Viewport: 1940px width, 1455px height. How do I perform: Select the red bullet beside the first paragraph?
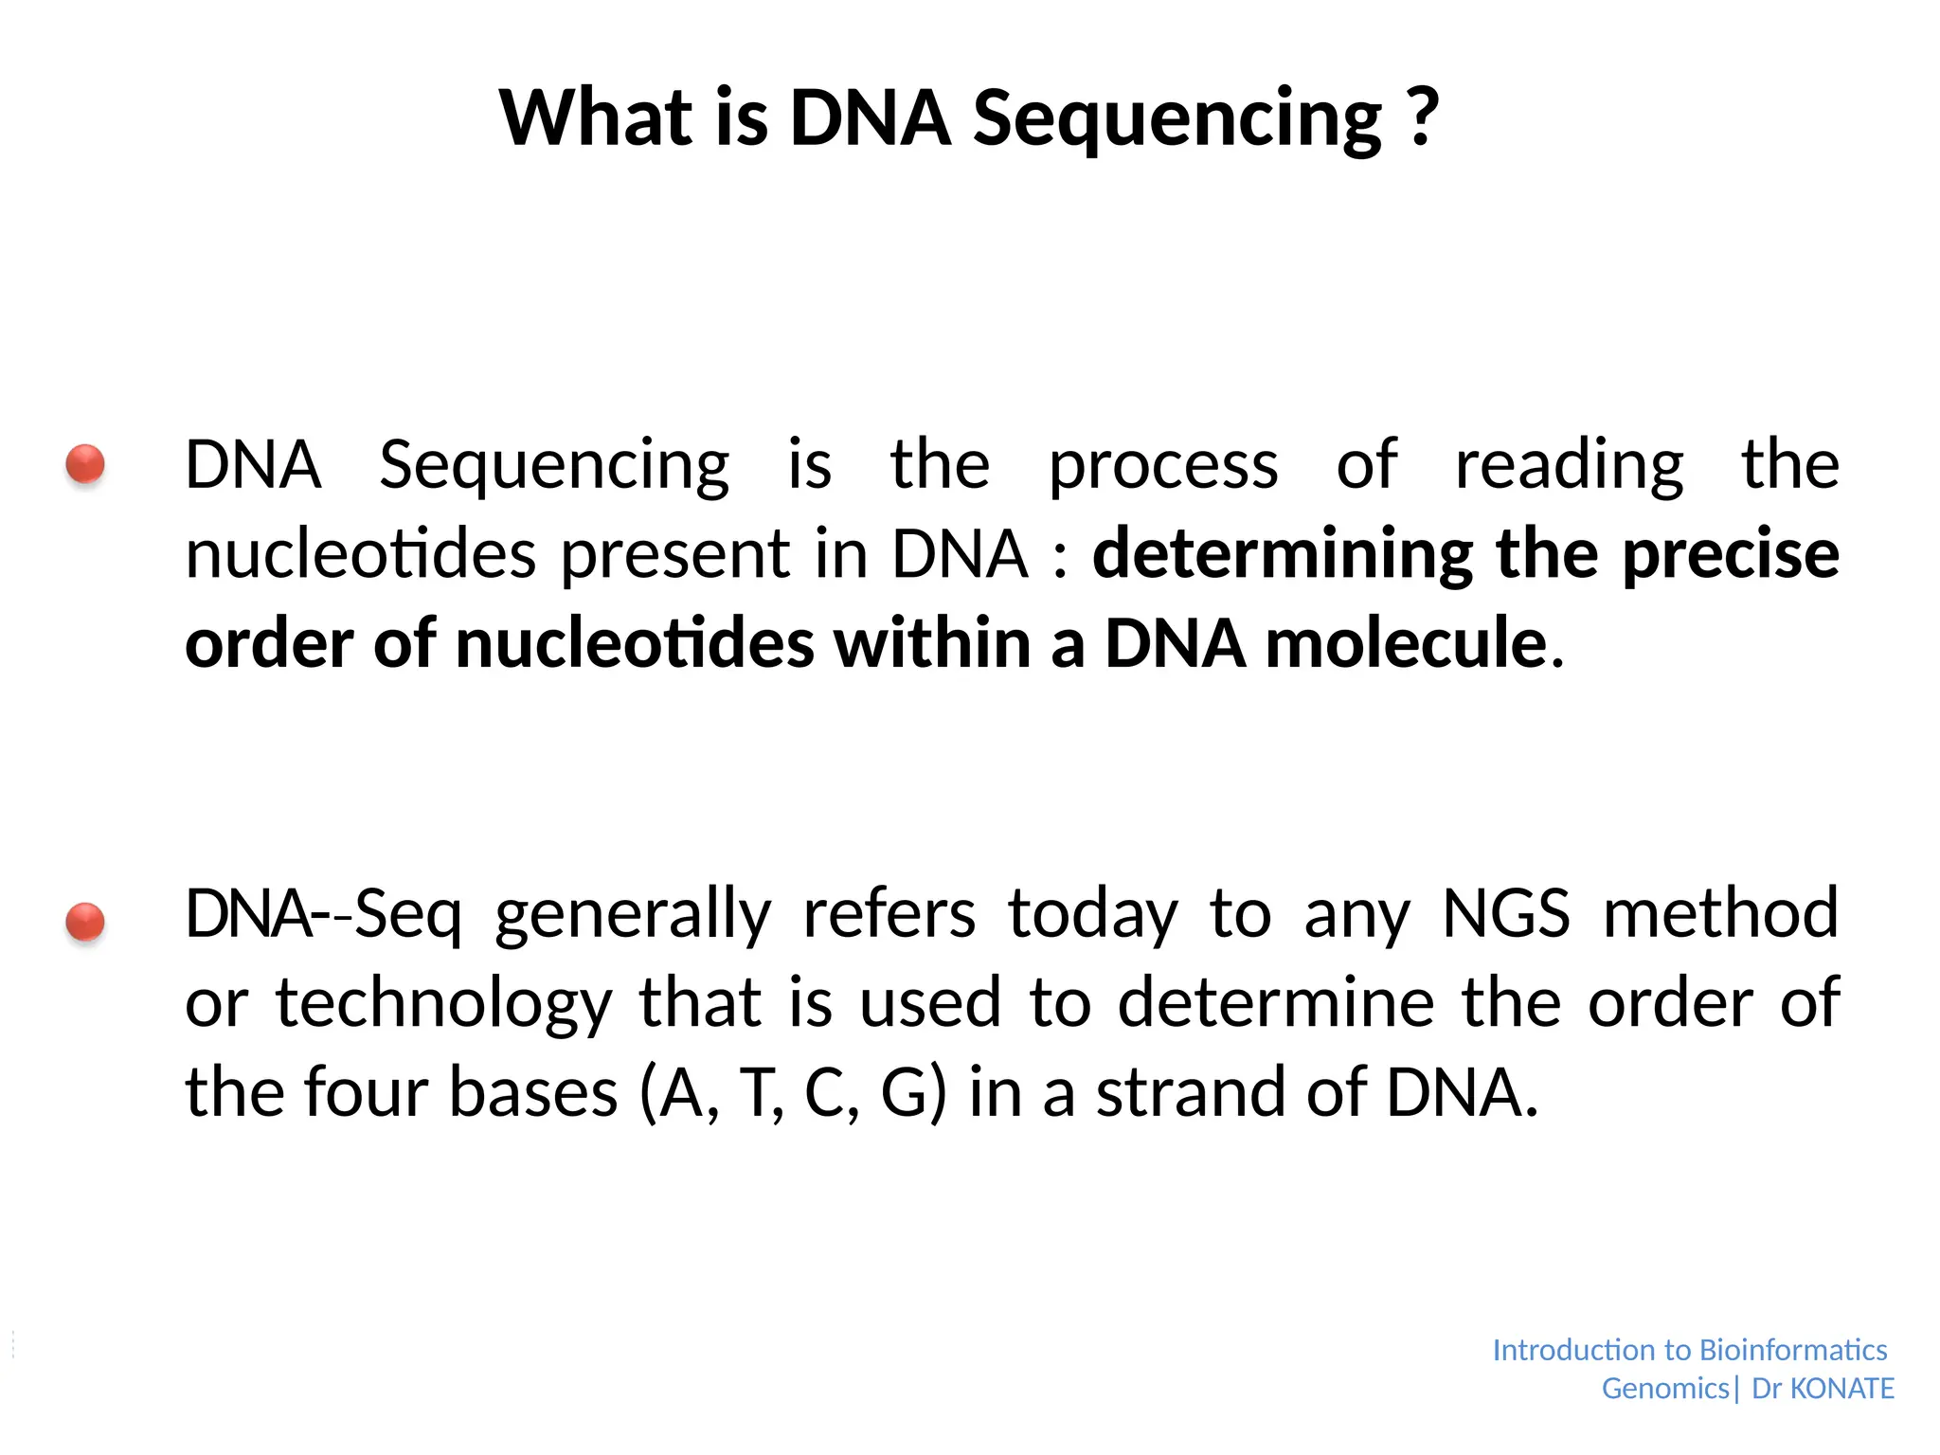click(85, 465)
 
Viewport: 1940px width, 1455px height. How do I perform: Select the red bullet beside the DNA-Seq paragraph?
click(85, 922)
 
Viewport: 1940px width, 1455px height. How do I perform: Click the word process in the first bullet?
click(1163, 466)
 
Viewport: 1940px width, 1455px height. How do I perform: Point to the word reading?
click(1569, 466)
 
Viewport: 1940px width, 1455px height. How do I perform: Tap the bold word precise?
click(1731, 554)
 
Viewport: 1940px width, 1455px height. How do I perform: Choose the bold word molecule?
click(1406, 643)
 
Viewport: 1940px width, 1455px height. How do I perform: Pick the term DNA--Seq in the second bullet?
click(323, 914)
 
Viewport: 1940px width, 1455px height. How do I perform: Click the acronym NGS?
click(1506, 914)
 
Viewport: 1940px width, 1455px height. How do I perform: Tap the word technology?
click(444, 1004)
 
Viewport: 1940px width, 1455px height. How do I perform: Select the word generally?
click(633, 914)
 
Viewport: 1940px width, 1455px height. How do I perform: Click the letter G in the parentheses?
click(905, 1093)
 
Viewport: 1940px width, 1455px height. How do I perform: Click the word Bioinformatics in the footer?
click(1793, 1350)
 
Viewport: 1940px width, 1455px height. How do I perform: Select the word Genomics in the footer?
click(1665, 1389)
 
